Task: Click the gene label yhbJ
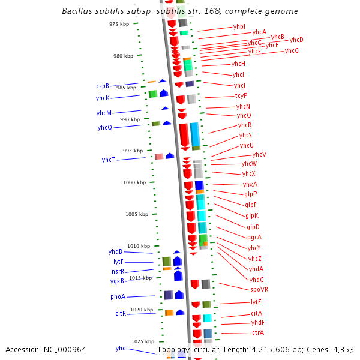pyautogui.click(x=239, y=27)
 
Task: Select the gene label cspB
pyautogui.click(x=103, y=86)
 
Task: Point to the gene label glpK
pyautogui.click(x=252, y=215)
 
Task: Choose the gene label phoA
pyautogui.click(x=118, y=297)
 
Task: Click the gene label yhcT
pyautogui.click(x=108, y=160)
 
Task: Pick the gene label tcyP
pyautogui.click(x=241, y=96)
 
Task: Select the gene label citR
pyautogui.click(x=121, y=313)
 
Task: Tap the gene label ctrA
pyautogui.click(x=258, y=332)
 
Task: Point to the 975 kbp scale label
pyautogui.click(x=119, y=24)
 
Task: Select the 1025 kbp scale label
pyautogui.click(x=143, y=341)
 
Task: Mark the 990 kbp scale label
pyautogui.click(x=130, y=119)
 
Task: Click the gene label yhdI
pyautogui.click(x=122, y=348)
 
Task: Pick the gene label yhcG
pyautogui.click(x=292, y=50)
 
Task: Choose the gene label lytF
pyautogui.click(x=118, y=262)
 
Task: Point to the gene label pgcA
pyautogui.click(x=254, y=237)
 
